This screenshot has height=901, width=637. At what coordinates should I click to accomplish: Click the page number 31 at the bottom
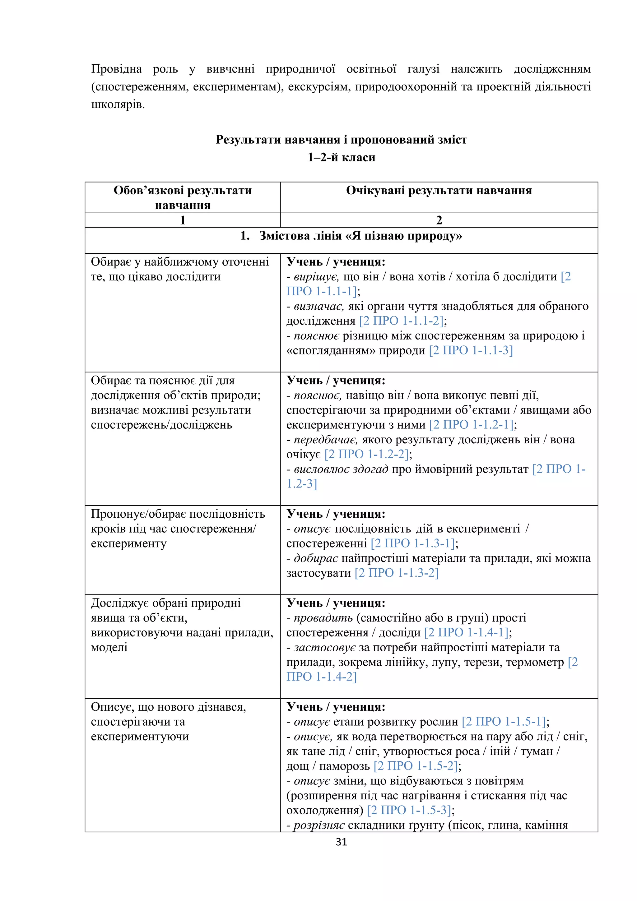pos(341,841)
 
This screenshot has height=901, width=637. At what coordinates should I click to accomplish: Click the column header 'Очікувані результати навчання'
pos(439,191)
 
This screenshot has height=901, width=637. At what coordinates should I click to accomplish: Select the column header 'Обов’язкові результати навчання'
pos(183,197)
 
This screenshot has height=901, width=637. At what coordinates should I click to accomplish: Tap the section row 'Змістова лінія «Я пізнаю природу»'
pos(351,236)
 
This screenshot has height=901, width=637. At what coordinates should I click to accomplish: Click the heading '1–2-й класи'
pos(341,157)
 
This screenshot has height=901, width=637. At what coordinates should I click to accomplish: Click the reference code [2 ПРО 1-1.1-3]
pos(471,350)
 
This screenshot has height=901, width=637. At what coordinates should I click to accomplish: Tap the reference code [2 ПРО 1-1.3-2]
pos(396,573)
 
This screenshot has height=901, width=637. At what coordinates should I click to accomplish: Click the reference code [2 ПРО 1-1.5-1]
pos(504,722)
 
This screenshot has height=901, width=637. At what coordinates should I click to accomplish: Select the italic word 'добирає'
pos(316,558)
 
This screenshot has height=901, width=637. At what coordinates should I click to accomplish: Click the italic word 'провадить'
pos(323,618)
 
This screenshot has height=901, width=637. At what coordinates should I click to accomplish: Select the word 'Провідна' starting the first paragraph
pos(116,69)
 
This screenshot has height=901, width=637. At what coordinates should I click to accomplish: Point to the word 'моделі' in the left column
pos(109,648)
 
